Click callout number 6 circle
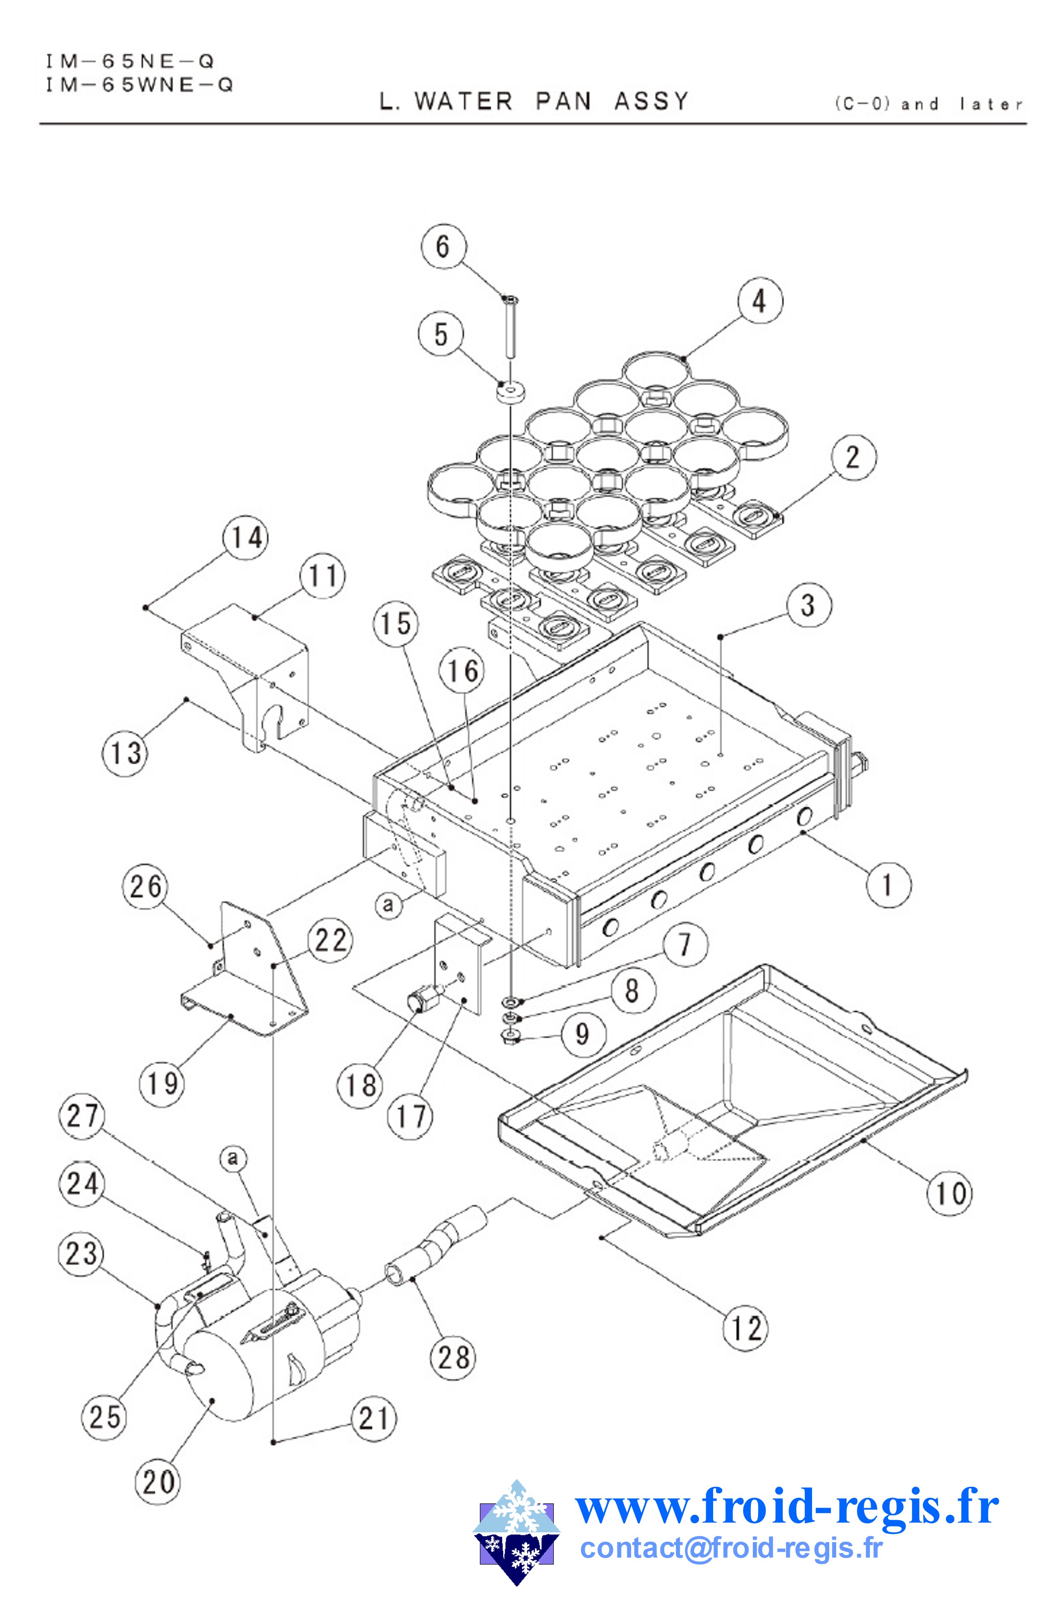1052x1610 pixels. pyautogui.click(x=442, y=246)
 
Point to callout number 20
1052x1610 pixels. pyautogui.click(x=159, y=1483)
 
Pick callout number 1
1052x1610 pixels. pyautogui.click(x=887, y=884)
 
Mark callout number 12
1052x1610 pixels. pyautogui.click(x=746, y=1329)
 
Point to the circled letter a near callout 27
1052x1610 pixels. pyautogui.click(x=232, y=1159)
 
